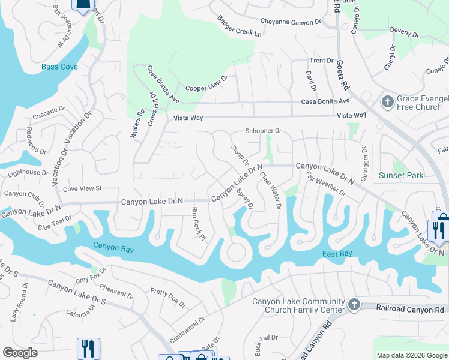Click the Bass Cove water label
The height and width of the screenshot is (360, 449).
click(x=59, y=67)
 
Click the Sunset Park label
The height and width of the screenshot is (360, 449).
click(x=401, y=175)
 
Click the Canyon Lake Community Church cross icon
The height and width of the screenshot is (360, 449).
click(x=354, y=305)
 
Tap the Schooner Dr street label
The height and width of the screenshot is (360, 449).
click(x=263, y=131)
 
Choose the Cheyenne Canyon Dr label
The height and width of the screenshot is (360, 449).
click(x=291, y=22)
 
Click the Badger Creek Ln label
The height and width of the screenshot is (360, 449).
click(x=240, y=26)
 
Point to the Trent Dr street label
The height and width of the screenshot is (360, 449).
click(x=321, y=61)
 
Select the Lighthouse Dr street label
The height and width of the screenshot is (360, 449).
click(x=28, y=173)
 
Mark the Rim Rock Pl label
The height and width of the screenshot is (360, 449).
click(x=199, y=223)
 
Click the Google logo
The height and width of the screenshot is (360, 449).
click(x=20, y=353)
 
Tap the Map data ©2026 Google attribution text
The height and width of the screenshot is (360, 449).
click(x=411, y=355)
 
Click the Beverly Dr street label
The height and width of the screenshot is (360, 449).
click(x=403, y=29)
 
